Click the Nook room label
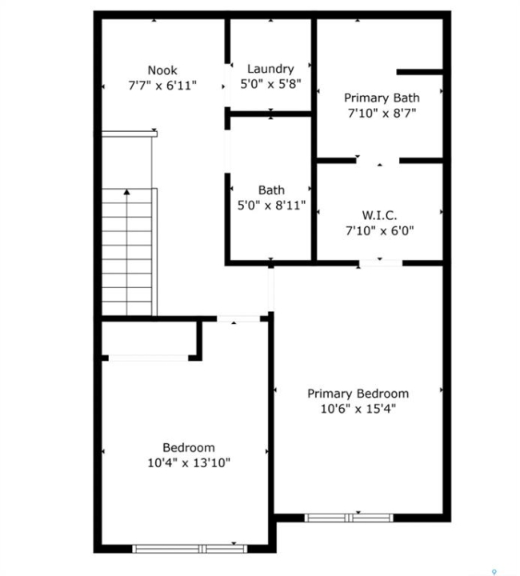[x=162, y=70]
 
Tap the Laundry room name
[x=270, y=69]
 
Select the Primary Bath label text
[x=382, y=98]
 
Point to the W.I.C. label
[x=379, y=215]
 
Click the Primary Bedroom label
[x=358, y=394]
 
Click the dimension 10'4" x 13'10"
[x=189, y=462]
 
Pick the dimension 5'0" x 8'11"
[x=271, y=206]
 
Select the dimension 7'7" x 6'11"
[x=162, y=86]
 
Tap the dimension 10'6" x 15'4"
[x=358, y=409]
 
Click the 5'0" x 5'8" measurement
[x=270, y=84]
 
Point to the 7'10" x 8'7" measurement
[x=382, y=113]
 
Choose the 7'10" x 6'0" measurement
[x=380, y=230]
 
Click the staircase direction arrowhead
[x=126, y=192]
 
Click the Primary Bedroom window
[x=349, y=518]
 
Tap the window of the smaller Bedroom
[x=190, y=549]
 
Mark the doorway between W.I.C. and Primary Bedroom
[x=381, y=263]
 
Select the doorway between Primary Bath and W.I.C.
[x=378, y=161]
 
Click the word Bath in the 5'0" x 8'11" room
[x=271, y=190]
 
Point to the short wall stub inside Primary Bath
[x=419, y=72]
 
